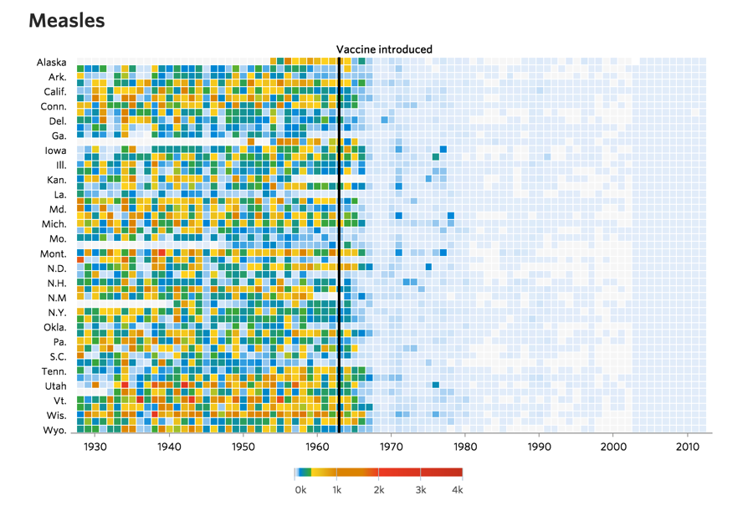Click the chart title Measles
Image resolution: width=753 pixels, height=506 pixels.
(67, 20)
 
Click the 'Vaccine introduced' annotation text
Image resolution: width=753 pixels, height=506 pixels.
(384, 49)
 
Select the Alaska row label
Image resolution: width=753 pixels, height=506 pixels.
(52, 63)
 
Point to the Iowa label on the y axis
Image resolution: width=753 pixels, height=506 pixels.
(56, 151)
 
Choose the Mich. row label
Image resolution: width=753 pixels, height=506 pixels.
(54, 224)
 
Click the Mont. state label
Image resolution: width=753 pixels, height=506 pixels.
(53, 253)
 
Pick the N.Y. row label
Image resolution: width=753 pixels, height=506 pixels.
(54, 313)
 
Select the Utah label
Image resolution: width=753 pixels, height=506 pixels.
(55, 386)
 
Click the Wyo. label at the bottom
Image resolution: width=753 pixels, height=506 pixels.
(54, 430)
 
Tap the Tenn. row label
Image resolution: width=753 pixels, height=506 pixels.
(54, 371)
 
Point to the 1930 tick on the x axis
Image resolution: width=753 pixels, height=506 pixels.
(95, 447)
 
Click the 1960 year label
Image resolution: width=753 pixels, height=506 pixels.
(317, 447)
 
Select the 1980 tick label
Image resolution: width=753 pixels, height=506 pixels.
(465, 447)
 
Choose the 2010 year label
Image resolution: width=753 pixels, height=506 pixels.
(687, 447)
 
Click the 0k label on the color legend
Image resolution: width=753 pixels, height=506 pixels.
(300, 490)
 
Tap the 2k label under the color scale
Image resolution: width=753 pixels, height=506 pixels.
(379, 490)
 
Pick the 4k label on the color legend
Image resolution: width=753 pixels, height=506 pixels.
(457, 490)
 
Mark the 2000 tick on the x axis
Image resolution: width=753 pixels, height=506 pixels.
(613, 447)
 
